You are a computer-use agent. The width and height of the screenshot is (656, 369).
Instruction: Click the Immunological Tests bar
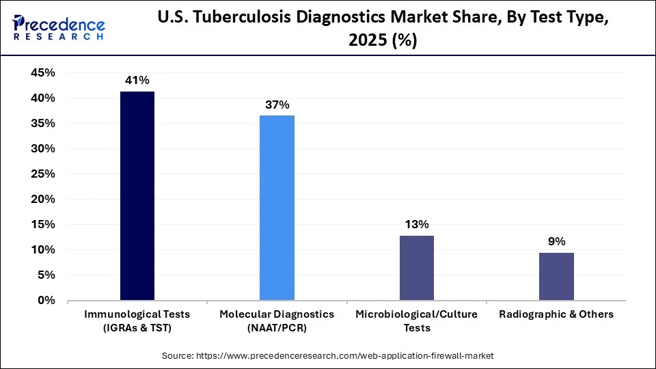pyautogui.click(x=137, y=195)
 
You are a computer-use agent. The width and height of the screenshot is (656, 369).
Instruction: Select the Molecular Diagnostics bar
pyautogui.click(x=277, y=208)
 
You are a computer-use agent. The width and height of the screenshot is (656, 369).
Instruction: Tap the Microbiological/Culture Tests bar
pyautogui.click(x=416, y=268)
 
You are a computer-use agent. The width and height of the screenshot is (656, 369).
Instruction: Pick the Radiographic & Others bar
pyautogui.click(x=556, y=276)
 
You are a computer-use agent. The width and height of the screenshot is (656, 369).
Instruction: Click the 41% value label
pyautogui.click(x=137, y=81)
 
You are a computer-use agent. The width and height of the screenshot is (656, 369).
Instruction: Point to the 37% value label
pyautogui.click(x=277, y=105)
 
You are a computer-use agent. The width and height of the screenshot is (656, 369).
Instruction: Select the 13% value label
pyautogui.click(x=416, y=225)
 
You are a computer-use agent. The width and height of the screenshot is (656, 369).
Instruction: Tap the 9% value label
pyautogui.click(x=556, y=242)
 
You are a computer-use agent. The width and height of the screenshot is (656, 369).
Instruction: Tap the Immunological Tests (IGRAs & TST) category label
pyautogui.click(x=137, y=320)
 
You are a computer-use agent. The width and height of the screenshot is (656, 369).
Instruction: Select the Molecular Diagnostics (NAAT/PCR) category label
pyautogui.click(x=277, y=320)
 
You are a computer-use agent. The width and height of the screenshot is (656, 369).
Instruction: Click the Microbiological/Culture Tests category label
pyautogui.click(x=416, y=320)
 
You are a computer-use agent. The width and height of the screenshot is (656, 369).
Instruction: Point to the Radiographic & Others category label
pyautogui.click(x=556, y=314)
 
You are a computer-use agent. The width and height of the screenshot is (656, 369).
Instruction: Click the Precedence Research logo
pyautogui.click(x=59, y=27)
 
